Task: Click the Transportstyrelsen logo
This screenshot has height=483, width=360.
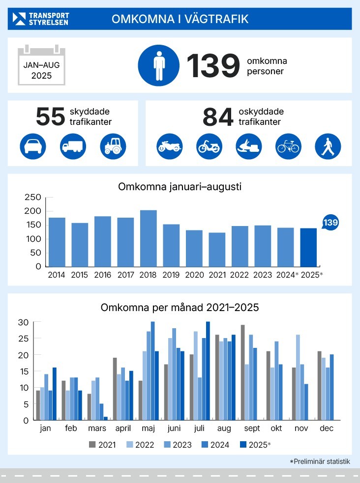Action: tap(41, 19)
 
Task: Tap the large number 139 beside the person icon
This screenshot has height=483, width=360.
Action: tap(212, 66)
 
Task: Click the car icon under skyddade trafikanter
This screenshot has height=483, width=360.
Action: tap(33, 146)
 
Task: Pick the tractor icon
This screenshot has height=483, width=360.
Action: tap(113, 146)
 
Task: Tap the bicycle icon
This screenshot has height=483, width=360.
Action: tap(288, 146)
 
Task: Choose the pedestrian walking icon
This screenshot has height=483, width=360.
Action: tap(328, 146)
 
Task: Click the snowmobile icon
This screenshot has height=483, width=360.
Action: tap(248, 146)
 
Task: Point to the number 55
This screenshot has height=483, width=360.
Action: tap(50, 117)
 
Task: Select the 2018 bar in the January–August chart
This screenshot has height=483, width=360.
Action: tap(148, 238)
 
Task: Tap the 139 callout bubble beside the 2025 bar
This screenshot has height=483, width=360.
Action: tap(330, 223)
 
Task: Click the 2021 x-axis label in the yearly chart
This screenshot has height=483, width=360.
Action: tap(216, 274)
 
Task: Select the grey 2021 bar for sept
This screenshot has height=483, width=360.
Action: tap(243, 372)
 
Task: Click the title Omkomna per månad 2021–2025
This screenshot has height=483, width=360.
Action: tap(180, 308)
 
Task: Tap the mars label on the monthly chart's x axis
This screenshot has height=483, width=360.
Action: tap(97, 428)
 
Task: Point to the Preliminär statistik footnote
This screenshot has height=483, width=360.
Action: tap(320, 461)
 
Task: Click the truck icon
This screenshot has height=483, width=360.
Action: tap(73, 146)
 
